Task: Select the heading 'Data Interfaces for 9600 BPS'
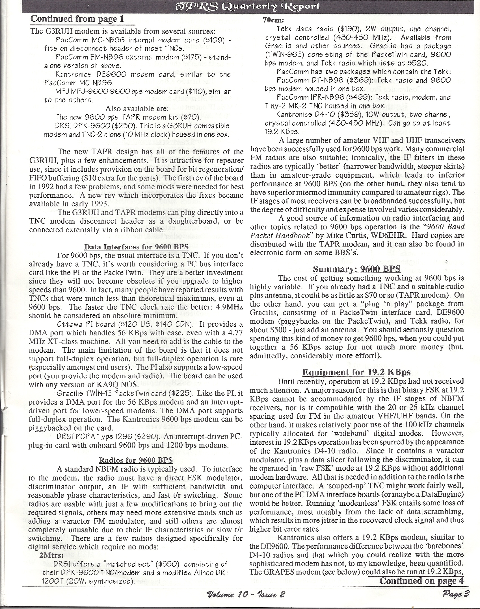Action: pyautogui.click(x=136, y=247)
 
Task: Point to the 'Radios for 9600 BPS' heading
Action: pyautogui.click(x=136, y=460)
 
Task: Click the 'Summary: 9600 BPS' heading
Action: pyautogui.click(x=356, y=269)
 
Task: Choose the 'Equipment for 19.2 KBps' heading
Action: pyautogui.click(x=356, y=372)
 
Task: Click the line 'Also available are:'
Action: pyautogui.click(x=137, y=108)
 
